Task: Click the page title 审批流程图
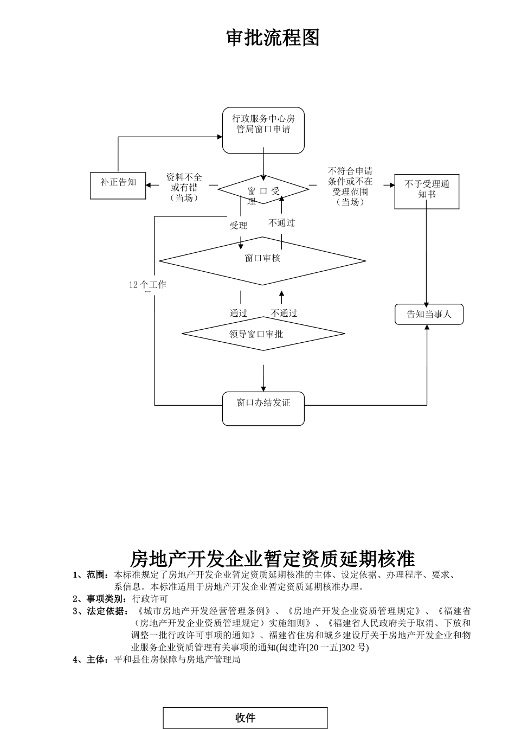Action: click(x=273, y=38)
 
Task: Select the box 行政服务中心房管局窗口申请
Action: click(x=263, y=130)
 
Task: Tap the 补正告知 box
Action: click(x=118, y=186)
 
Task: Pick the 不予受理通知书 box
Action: click(x=427, y=191)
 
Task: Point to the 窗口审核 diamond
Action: click(x=262, y=260)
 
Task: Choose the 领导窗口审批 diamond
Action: click(x=263, y=333)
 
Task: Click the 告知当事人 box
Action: click(x=429, y=314)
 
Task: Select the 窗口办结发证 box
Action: click(x=263, y=408)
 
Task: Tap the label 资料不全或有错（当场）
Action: click(x=184, y=187)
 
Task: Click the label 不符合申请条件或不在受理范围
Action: click(x=350, y=187)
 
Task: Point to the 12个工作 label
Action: click(x=147, y=285)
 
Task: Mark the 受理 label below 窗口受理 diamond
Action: click(x=239, y=226)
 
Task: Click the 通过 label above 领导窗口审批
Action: click(x=239, y=313)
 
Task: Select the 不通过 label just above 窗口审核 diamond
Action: click(x=282, y=223)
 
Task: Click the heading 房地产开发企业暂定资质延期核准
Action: click(x=273, y=558)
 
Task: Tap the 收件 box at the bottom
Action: click(x=246, y=718)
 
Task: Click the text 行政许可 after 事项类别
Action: click(x=150, y=599)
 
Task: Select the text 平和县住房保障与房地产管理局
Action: click(x=177, y=660)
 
